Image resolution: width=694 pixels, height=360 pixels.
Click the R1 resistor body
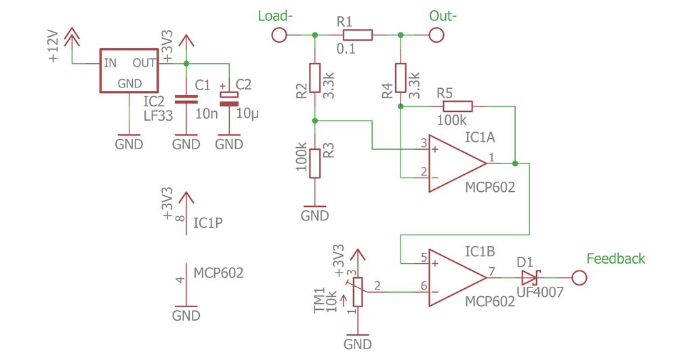click(357, 35)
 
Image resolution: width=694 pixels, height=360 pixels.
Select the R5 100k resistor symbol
click(457, 106)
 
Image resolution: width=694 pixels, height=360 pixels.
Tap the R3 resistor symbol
click(314, 163)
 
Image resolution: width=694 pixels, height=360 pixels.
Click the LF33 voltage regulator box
click(129, 71)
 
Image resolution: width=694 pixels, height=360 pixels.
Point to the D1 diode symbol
click(529, 278)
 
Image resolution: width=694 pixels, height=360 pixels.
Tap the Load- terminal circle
click(279, 35)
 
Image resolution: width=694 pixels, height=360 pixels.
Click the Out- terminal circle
click(436, 35)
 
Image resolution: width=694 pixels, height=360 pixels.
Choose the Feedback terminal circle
click(579, 278)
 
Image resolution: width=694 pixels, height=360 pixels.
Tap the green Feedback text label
click(615, 258)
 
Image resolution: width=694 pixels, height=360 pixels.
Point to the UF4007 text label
click(539, 293)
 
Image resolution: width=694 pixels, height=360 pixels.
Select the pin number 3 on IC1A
click(424, 143)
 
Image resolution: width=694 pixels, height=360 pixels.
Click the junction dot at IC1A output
click(516, 163)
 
